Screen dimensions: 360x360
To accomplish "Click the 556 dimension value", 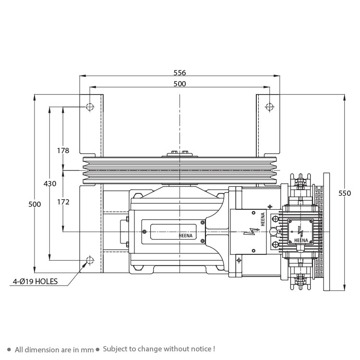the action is click(180, 72).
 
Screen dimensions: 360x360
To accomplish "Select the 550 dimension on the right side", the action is click(345, 193).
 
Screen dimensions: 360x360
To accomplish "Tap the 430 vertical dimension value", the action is click(50, 183).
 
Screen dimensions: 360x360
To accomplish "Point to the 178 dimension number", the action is click(63, 150).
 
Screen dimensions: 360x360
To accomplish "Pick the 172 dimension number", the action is click(63, 202).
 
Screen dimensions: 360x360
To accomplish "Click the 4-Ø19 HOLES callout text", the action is click(35, 281).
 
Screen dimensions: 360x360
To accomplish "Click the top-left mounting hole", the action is click(90, 107).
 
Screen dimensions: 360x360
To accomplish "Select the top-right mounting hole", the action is click(270, 107).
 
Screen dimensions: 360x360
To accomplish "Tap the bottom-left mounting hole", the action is click(90, 260).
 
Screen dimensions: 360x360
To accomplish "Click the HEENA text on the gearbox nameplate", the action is click(185, 236).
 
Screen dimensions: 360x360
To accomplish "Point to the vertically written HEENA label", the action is click(263, 219).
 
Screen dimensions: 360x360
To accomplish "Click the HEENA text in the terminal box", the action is click(301, 240).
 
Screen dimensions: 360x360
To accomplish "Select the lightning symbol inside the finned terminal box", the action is click(300, 232).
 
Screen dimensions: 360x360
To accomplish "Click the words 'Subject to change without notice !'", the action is click(159, 349).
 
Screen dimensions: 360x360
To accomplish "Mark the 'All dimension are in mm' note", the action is click(54, 349).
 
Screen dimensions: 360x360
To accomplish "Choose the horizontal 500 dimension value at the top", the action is click(180, 84).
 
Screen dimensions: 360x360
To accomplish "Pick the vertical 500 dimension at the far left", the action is click(35, 204).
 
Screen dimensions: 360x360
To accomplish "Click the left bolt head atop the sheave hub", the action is click(174, 152).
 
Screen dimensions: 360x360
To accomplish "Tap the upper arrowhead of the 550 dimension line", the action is click(344, 97).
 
